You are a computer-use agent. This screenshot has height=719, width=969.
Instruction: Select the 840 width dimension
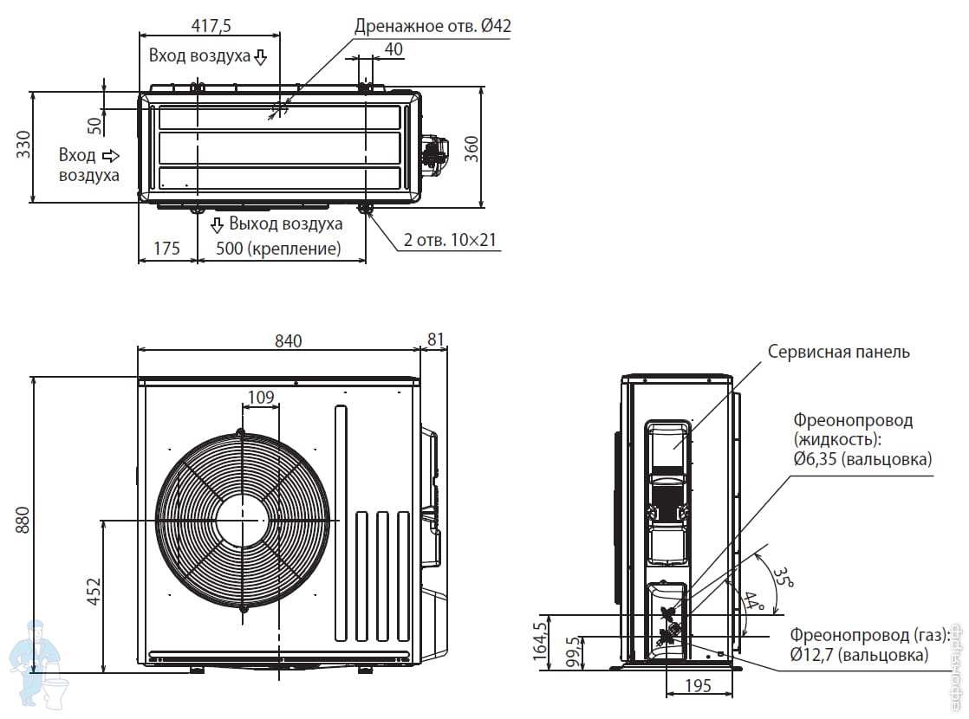click(x=288, y=340)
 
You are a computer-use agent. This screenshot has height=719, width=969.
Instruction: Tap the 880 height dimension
click(x=23, y=520)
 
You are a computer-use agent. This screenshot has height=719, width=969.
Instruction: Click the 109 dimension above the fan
click(x=261, y=398)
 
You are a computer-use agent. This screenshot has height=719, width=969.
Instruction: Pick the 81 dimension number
click(x=435, y=340)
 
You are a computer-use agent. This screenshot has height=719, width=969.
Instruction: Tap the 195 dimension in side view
click(x=697, y=685)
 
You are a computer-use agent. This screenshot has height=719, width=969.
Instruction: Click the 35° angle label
click(x=782, y=579)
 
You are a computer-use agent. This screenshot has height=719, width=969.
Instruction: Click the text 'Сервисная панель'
click(x=838, y=352)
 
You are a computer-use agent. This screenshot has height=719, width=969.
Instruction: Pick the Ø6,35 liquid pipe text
click(x=862, y=459)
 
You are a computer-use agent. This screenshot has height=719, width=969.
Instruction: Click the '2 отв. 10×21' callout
click(x=450, y=240)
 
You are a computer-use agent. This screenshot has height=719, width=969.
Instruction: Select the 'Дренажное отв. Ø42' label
click(x=432, y=26)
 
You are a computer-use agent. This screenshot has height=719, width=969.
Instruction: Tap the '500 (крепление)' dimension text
click(x=270, y=249)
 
